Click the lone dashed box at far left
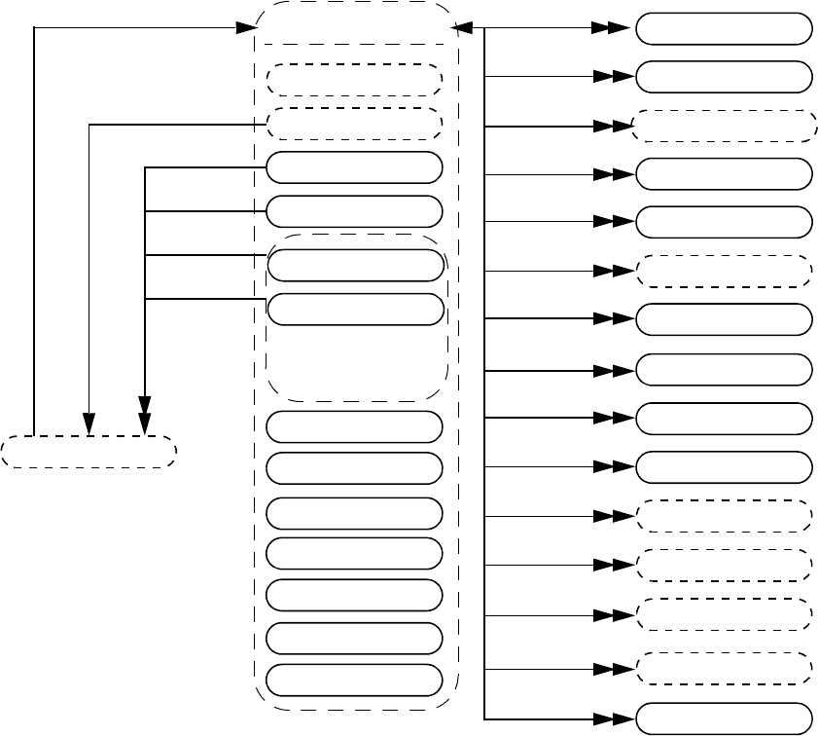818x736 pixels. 89,453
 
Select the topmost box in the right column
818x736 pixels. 724,29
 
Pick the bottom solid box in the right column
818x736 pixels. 724,718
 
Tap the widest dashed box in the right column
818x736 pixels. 724,127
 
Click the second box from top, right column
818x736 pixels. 724,76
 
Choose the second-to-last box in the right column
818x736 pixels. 724,668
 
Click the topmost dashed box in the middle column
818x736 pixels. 354,80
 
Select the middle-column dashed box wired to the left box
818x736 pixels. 354,124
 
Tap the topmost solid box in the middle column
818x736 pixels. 354,167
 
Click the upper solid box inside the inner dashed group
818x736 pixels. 354,265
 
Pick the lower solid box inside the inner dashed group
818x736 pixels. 354,309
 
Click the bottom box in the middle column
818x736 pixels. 354,679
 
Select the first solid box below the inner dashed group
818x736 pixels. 354,425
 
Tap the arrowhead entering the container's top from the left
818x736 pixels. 246,28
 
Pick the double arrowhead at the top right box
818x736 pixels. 614,29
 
